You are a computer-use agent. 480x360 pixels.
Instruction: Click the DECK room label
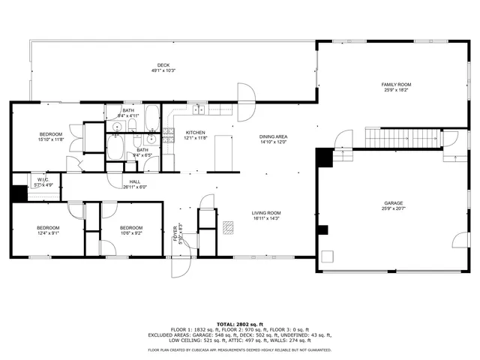pos(163,65)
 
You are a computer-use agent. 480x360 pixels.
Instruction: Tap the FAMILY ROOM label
pos(396,85)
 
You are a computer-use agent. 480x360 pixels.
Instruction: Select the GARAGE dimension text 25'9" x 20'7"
pos(396,208)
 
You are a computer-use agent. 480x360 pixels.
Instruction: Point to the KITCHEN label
pos(196,133)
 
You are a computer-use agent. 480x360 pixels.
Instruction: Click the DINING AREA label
pos(274,136)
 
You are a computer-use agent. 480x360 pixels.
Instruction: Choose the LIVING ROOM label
pos(265,213)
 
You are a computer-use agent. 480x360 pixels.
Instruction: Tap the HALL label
pos(134,181)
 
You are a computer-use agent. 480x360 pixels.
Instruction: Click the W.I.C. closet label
pos(43,179)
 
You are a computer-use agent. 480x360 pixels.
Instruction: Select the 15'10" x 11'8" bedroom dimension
pos(51,139)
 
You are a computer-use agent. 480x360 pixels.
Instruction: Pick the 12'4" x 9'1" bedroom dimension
pos(47,232)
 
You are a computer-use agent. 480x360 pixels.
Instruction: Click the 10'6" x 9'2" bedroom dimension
pos(131,232)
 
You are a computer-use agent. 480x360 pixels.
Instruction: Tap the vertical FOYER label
pos(175,234)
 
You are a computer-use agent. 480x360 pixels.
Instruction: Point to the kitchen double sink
pos(199,111)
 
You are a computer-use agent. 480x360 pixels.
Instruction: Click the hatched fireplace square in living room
pos(228,226)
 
